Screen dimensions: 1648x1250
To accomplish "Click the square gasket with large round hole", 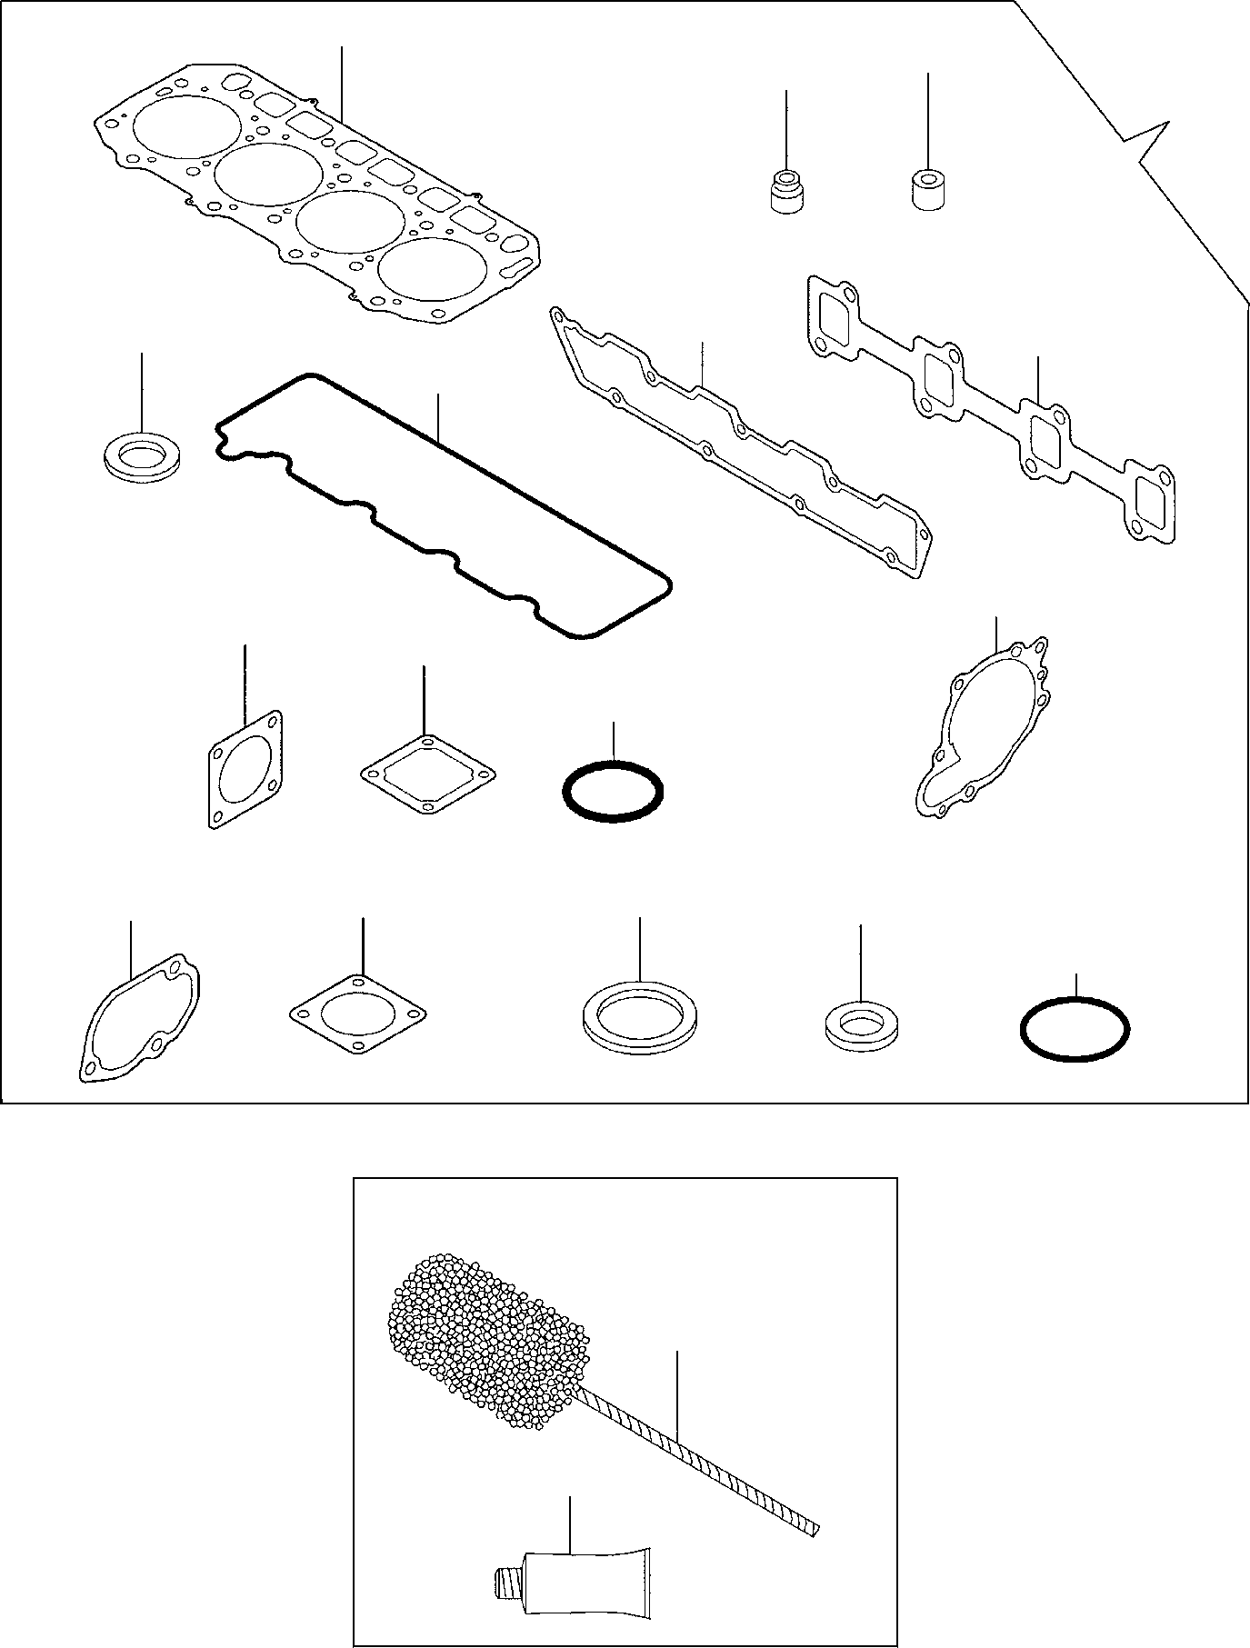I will coord(244,769).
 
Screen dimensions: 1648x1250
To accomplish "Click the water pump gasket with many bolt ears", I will coord(982,727).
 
